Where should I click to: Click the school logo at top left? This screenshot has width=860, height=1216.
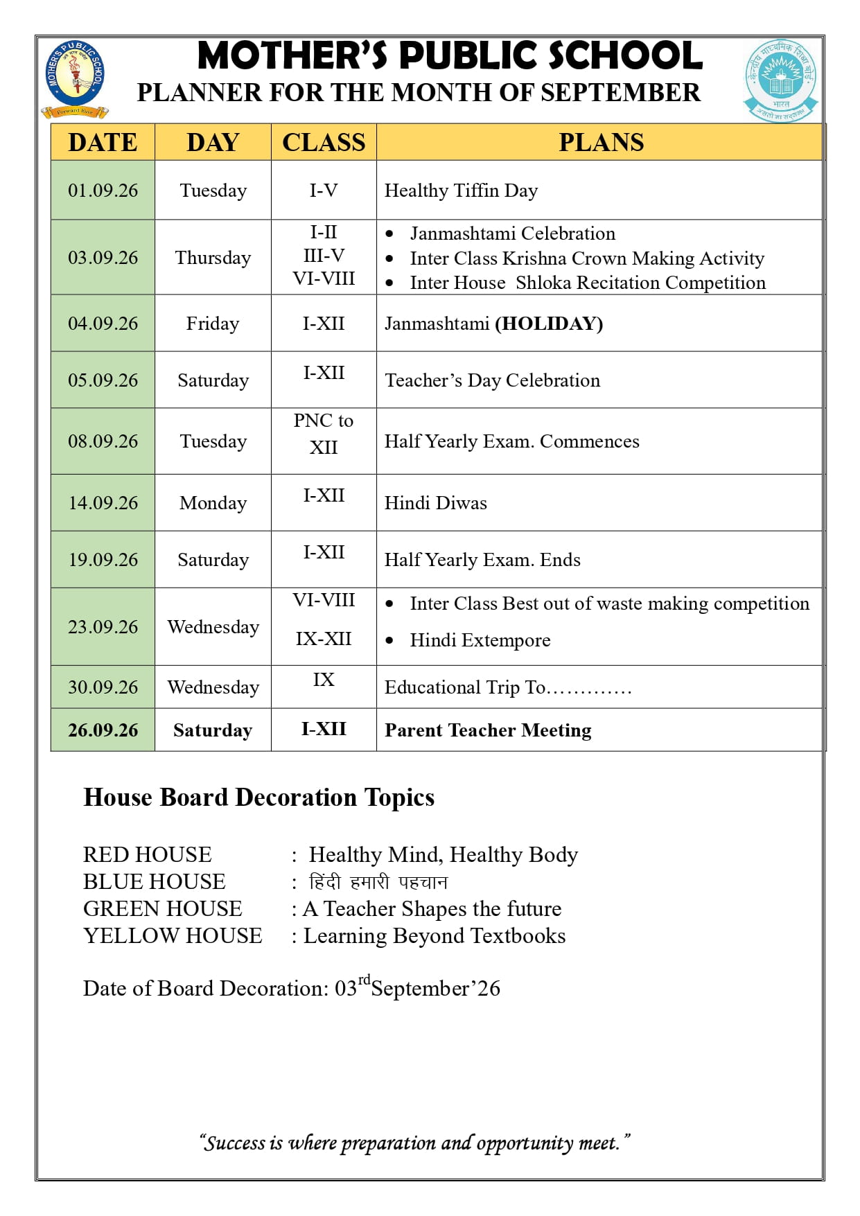[x=75, y=78]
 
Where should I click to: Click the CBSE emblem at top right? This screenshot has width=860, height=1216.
[x=781, y=80]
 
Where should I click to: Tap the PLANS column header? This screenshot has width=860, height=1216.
[x=601, y=142]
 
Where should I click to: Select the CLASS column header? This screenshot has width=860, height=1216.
[x=324, y=142]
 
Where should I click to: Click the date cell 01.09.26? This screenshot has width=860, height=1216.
[x=103, y=191]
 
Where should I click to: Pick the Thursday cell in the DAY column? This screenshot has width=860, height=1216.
[x=213, y=258]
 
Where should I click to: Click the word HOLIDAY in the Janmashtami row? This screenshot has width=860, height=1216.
[x=549, y=324]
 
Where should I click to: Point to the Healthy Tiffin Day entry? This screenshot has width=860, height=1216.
[x=461, y=191]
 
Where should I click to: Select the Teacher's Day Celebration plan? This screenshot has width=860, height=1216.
[x=492, y=380]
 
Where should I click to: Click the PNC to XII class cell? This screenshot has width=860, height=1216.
[x=324, y=434]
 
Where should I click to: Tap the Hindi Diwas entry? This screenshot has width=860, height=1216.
[x=435, y=503]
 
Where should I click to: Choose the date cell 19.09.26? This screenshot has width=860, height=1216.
[x=103, y=560]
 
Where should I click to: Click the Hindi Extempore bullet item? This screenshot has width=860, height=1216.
[x=480, y=640]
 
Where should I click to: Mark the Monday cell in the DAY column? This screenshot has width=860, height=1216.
[x=213, y=503]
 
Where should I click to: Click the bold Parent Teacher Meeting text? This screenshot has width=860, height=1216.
[x=488, y=730]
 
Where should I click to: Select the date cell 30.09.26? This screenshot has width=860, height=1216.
[x=103, y=687]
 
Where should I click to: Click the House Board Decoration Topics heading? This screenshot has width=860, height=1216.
[x=258, y=798]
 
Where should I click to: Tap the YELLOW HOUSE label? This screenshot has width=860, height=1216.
[x=173, y=936]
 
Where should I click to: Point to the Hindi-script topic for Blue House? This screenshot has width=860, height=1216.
[x=378, y=882]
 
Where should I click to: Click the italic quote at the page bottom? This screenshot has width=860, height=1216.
[x=414, y=1143]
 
